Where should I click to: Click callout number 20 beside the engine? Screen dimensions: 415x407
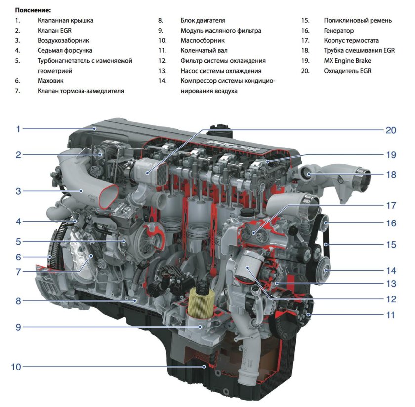(x=391, y=130)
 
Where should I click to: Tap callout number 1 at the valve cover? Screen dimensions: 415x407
(x=18, y=129)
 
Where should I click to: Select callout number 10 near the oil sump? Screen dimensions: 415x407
(x=16, y=367)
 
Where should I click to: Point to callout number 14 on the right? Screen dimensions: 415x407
(x=391, y=271)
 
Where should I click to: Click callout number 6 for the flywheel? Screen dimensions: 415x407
(x=18, y=257)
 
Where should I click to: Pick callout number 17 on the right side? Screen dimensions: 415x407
(x=391, y=205)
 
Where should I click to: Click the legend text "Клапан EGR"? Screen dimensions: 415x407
(x=54, y=31)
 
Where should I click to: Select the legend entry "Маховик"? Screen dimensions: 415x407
(x=50, y=81)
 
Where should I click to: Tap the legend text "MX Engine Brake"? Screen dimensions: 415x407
(x=347, y=61)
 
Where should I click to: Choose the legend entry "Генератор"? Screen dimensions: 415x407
(x=339, y=31)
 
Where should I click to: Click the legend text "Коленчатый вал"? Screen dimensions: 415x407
(x=204, y=50)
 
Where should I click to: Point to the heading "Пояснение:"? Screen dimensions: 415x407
(x=33, y=10)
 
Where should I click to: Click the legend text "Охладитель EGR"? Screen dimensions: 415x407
(x=347, y=71)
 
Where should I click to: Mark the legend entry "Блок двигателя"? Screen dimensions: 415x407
(x=203, y=20)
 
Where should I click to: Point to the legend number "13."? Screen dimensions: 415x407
(x=162, y=71)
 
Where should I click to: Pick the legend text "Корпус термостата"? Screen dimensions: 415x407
(x=351, y=40)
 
